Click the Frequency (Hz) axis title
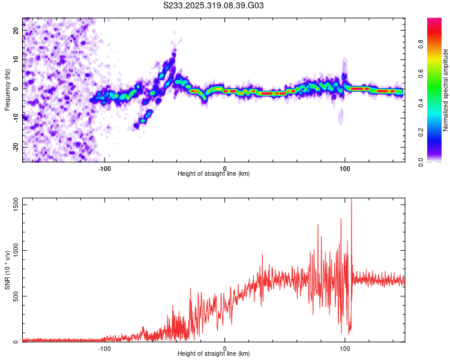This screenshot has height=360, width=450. pos(7,90)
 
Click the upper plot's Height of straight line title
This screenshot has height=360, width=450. pos(214,174)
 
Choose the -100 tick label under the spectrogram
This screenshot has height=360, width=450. pos(104,168)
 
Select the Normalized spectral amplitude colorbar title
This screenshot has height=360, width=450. pos(446,90)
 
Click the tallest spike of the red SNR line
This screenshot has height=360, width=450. pos(352,200)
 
